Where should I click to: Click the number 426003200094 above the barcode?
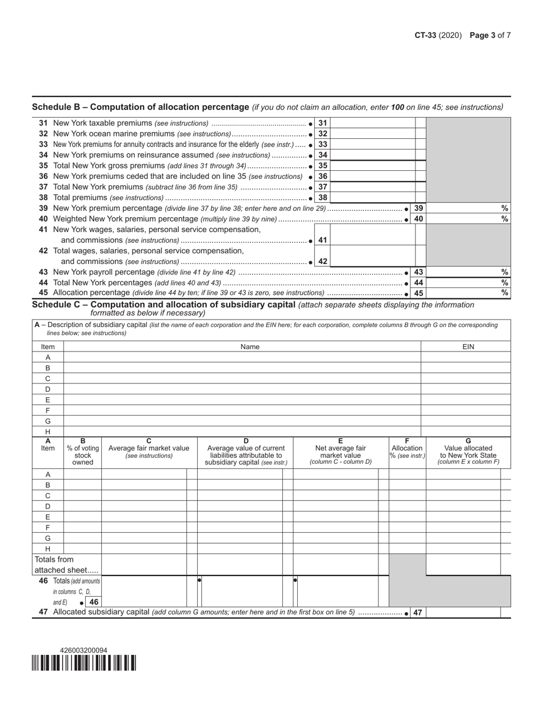pos(83,650)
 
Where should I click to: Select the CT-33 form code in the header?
pos(426,35)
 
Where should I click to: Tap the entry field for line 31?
pos(372,123)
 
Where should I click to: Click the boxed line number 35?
pos(322,166)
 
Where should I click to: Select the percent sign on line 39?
pos(504,209)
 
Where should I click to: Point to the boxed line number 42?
pos(322,261)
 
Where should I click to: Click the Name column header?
pos(250,346)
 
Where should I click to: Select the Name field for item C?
pos(242,378)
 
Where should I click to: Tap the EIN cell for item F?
pos(466,410)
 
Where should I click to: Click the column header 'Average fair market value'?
pos(149,448)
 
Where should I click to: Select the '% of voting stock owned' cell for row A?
pos(82,474)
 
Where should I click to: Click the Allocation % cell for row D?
pos(407,506)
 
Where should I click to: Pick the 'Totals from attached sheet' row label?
pos(66,565)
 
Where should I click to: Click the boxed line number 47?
pos(417,613)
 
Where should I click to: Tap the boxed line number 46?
pos(94,602)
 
